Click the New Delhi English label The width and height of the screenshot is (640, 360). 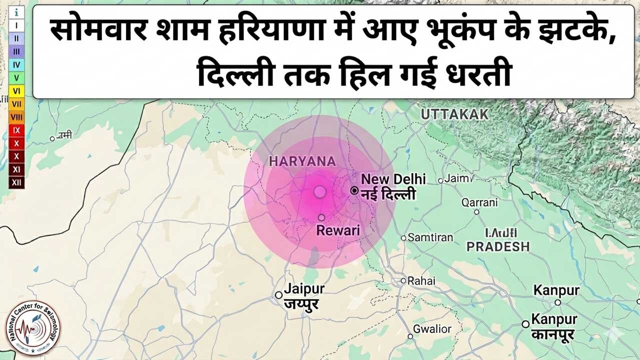(x=393, y=179)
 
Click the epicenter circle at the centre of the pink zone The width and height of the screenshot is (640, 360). (x=320, y=191)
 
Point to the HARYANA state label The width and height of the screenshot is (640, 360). (x=302, y=161)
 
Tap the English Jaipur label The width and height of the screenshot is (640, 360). (x=304, y=289)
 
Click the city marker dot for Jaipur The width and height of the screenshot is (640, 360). (x=278, y=295)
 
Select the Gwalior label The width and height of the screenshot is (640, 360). (x=432, y=329)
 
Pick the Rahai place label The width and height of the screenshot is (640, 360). (x=421, y=280)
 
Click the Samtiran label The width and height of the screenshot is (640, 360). (x=430, y=237)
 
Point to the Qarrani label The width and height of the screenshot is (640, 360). (x=479, y=202)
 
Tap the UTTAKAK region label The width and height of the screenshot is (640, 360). (x=454, y=114)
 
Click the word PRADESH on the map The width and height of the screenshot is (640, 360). (x=497, y=246)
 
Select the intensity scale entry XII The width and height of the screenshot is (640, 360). (x=16, y=182)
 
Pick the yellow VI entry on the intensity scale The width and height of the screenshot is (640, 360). (x=16, y=91)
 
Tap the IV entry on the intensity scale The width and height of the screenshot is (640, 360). (x=16, y=64)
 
